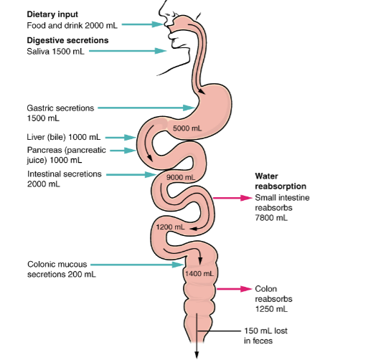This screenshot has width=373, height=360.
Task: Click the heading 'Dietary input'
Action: click(x=52, y=14)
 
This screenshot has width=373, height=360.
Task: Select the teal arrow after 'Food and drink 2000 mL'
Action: click(x=143, y=24)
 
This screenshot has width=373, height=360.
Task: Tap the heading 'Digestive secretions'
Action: click(x=67, y=40)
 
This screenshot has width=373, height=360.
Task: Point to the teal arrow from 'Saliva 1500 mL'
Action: click(x=128, y=51)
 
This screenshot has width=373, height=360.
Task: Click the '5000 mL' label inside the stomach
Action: click(x=187, y=128)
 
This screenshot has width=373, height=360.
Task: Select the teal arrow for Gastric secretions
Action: click(x=146, y=108)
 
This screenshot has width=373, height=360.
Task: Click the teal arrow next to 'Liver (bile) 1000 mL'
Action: click(x=121, y=138)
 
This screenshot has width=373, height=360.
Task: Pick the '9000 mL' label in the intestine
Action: click(x=181, y=177)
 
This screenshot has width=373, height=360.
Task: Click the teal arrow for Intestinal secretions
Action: click(x=131, y=175)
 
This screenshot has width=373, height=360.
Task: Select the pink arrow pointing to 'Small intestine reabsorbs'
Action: click(x=232, y=198)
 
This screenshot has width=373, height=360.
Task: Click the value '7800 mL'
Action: click(x=271, y=218)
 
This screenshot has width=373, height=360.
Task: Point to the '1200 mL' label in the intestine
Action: click(x=171, y=227)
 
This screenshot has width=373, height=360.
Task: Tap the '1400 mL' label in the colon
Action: click(x=199, y=274)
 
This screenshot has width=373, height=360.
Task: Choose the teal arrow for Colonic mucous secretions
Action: click(x=137, y=265)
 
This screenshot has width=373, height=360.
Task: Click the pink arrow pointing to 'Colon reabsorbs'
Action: click(x=235, y=289)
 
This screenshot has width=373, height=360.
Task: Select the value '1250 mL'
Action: click(x=271, y=309)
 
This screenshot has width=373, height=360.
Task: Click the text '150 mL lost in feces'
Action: click(x=265, y=336)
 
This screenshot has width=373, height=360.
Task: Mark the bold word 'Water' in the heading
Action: click(x=266, y=176)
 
